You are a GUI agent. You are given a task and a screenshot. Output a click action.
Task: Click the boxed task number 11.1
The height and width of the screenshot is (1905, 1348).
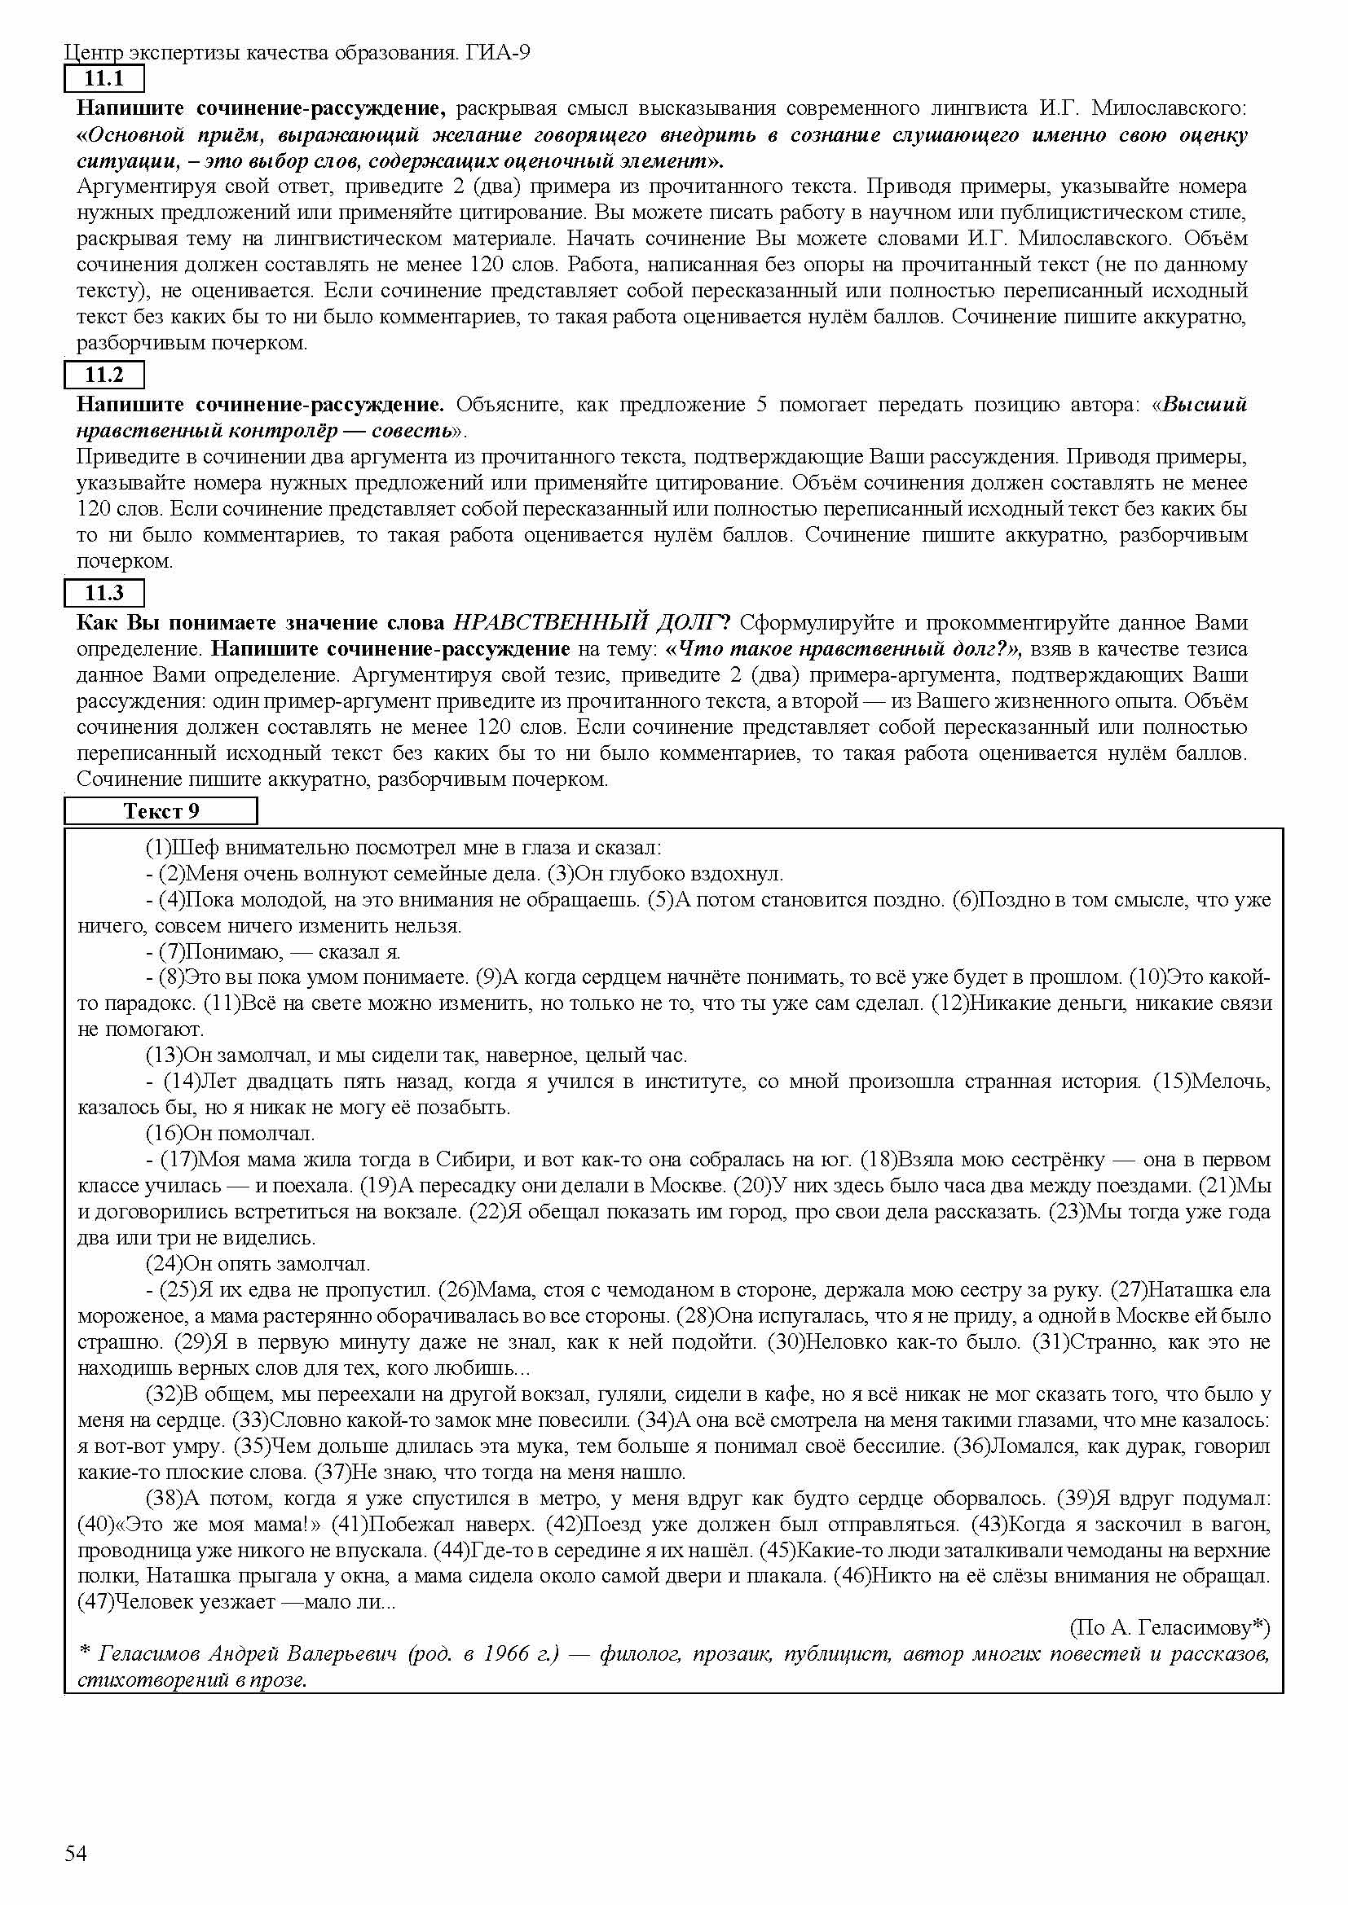104,79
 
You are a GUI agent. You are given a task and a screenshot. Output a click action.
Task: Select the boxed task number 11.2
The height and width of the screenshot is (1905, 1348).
104,375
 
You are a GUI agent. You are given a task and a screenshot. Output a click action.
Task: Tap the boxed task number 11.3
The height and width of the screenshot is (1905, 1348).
104,592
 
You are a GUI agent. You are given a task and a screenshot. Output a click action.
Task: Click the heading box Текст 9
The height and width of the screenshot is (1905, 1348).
161,810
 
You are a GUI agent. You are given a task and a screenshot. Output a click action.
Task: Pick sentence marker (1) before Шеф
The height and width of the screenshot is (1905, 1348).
158,848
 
